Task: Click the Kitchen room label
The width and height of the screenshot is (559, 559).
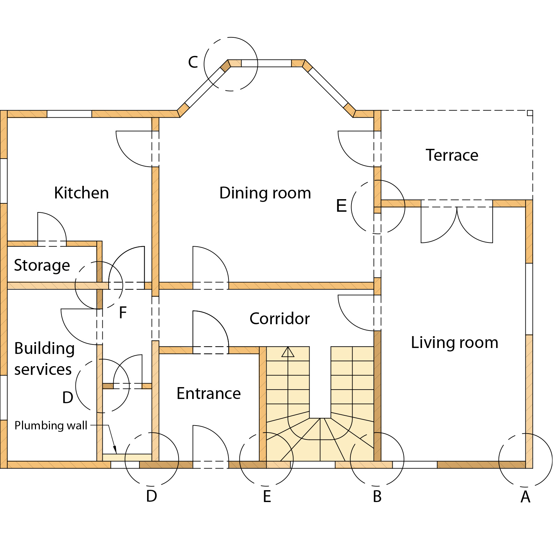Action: click(x=81, y=193)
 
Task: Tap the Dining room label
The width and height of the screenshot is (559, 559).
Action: click(x=265, y=193)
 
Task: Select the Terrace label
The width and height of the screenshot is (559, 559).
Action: click(x=452, y=155)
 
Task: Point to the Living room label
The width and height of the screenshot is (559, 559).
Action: click(x=455, y=342)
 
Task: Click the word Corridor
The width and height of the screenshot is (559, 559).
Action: click(x=279, y=319)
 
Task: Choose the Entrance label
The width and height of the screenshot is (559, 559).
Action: click(x=209, y=393)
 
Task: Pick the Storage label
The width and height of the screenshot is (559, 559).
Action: click(x=42, y=266)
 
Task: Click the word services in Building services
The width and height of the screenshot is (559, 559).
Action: click(x=43, y=370)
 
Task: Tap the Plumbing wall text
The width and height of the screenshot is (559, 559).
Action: click(x=51, y=426)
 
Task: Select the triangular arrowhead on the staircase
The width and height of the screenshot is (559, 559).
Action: click(x=288, y=351)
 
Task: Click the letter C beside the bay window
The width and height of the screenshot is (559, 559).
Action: click(x=193, y=62)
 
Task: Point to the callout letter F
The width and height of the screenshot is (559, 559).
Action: click(x=123, y=313)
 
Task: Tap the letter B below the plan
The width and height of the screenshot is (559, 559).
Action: click(x=377, y=496)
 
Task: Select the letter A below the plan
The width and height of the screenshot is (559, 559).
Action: click(x=525, y=497)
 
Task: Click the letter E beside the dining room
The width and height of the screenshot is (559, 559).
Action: click(x=341, y=206)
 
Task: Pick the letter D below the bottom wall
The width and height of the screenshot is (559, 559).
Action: click(x=152, y=496)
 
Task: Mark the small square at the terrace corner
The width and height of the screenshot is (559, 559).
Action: click(x=530, y=113)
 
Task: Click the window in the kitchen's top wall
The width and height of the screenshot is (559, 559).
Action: click(x=69, y=114)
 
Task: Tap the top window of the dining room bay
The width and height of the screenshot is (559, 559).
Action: click(x=266, y=63)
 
